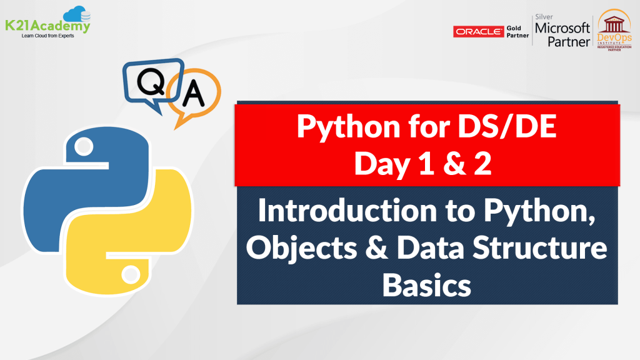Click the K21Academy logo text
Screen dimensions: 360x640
(48, 26)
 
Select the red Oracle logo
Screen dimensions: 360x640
(479, 31)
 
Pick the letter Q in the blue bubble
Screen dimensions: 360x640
(151, 82)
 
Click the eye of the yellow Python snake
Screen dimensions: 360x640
(131, 274)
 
